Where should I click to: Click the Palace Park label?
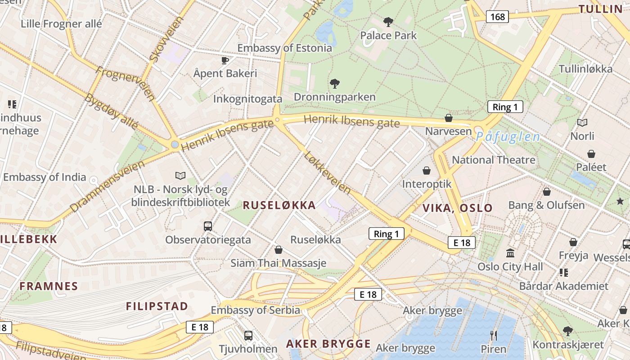click(x=388, y=35)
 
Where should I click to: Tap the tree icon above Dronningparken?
click(x=334, y=83)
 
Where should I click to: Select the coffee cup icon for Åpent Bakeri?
click(x=225, y=60)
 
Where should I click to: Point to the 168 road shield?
click(x=497, y=17)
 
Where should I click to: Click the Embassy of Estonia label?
click(x=284, y=48)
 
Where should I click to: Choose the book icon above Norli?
click(x=582, y=122)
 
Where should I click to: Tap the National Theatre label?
click(x=493, y=160)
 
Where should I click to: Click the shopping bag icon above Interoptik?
click(x=426, y=171)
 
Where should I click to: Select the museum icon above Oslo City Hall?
click(x=510, y=253)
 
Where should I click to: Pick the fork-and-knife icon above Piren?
click(x=493, y=335)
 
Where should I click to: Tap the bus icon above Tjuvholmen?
click(x=248, y=335)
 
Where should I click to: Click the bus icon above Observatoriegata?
click(x=207, y=226)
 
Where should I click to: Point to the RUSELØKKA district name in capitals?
click(x=279, y=205)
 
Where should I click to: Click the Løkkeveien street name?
click(x=327, y=172)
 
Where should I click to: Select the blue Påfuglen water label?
click(x=508, y=137)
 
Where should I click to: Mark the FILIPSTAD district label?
click(x=157, y=306)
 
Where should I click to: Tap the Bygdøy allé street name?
click(x=111, y=111)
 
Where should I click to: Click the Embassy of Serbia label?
click(x=255, y=310)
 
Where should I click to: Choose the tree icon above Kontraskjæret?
click(x=568, y=331)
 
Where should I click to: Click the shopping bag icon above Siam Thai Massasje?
click(x=279, y=250)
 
